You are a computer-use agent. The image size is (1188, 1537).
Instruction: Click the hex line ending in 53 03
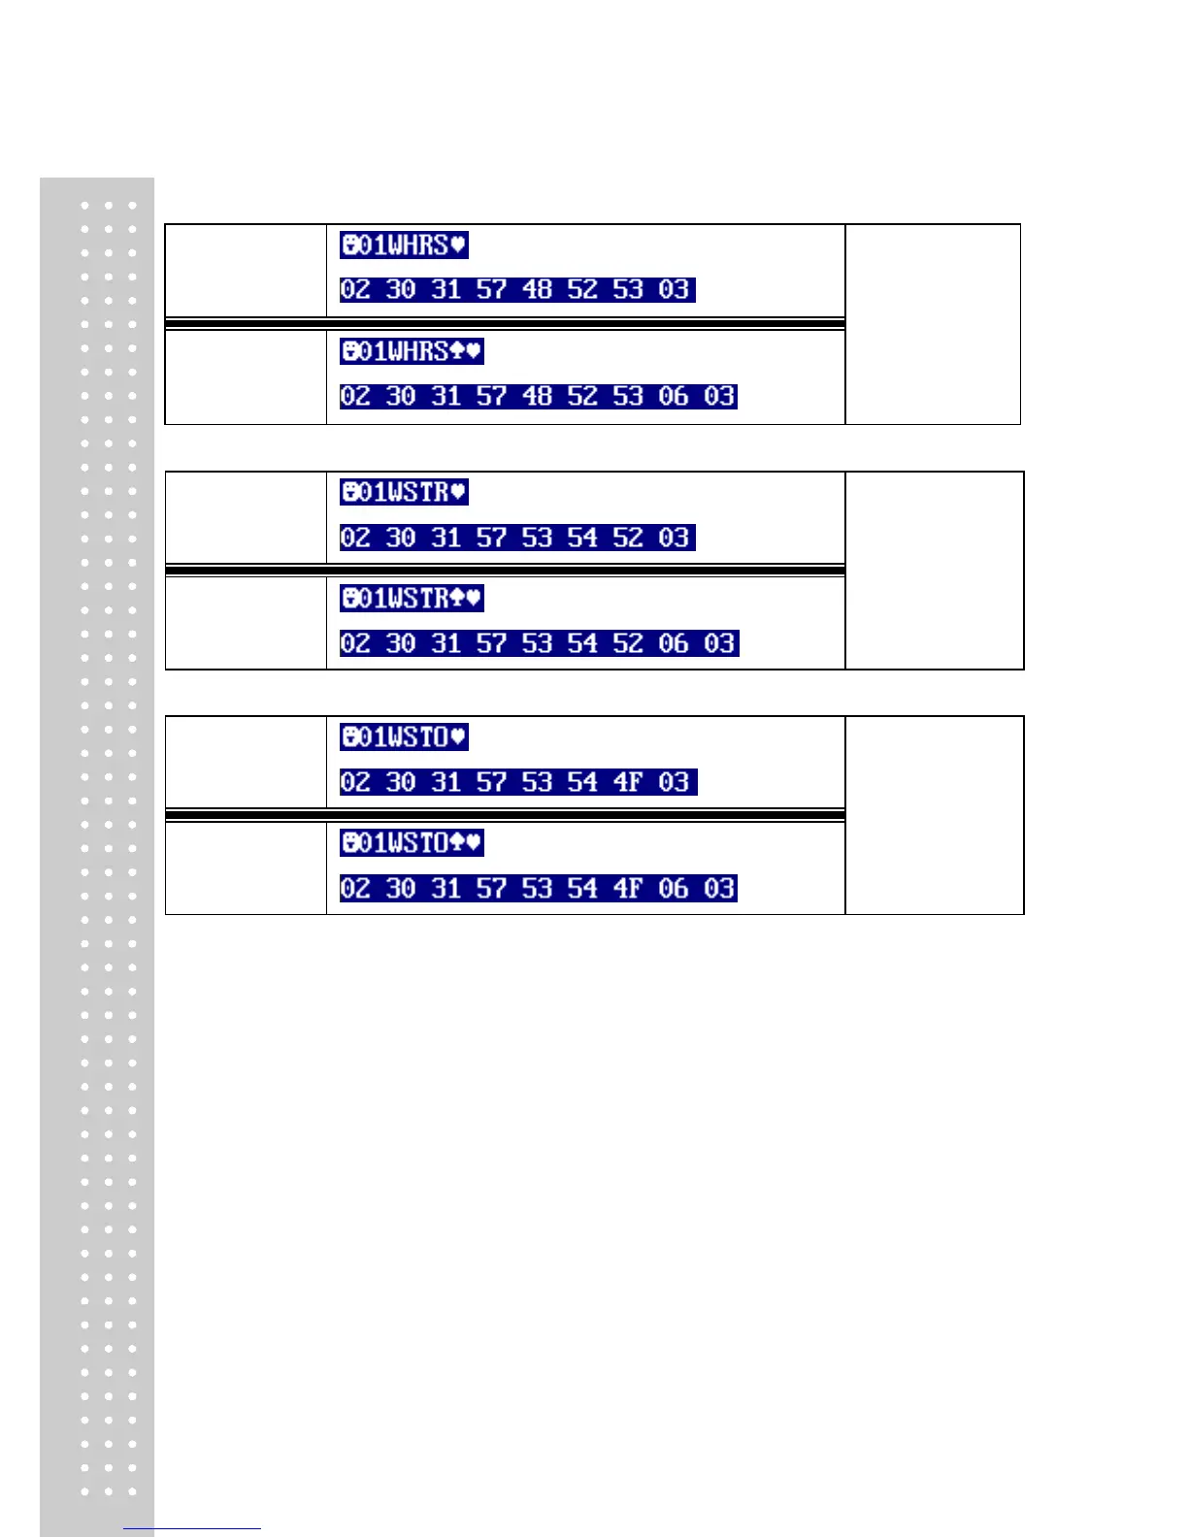[x=517, y=289]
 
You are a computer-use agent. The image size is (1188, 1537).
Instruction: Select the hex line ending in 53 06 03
[x=538, y=396]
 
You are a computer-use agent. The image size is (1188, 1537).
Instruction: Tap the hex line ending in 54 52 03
[x=517, y=538]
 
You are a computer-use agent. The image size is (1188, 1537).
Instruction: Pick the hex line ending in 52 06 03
[x=539, y=643]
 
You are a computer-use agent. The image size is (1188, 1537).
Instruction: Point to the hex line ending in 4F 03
[x=518, y=782]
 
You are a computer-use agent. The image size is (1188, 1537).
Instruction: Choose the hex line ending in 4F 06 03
[x=538, y=888]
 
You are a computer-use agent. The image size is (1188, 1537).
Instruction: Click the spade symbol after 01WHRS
[x=457, y=351]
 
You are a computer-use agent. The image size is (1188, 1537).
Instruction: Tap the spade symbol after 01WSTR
[x=457, y=598]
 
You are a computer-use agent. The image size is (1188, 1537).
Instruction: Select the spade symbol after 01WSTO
[x=457, y=843]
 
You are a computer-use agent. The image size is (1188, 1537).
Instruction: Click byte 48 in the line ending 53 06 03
[x=537, y=396]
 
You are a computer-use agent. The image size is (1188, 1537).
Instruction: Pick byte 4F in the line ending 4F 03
[x=627, y=782]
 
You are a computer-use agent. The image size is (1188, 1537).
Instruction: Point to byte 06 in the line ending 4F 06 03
[x=673, y=888]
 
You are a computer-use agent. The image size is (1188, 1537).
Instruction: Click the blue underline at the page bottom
[x=192, y=1528]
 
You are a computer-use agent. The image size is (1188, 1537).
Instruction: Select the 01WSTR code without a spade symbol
[x=404, y=492]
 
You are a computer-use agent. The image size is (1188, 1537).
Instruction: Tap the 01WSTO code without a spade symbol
[x=404, y=737]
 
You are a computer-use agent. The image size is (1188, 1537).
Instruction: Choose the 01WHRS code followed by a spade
[x=412, y=351]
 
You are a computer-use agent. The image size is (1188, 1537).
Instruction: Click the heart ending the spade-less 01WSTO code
[x=458, y=737]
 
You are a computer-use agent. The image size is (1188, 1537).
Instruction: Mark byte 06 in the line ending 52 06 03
[x=673, y=643]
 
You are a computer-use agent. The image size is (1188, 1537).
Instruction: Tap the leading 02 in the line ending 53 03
[x=355, y=289]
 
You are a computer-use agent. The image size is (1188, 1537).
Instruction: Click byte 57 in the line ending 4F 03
[x=491, y=782]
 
